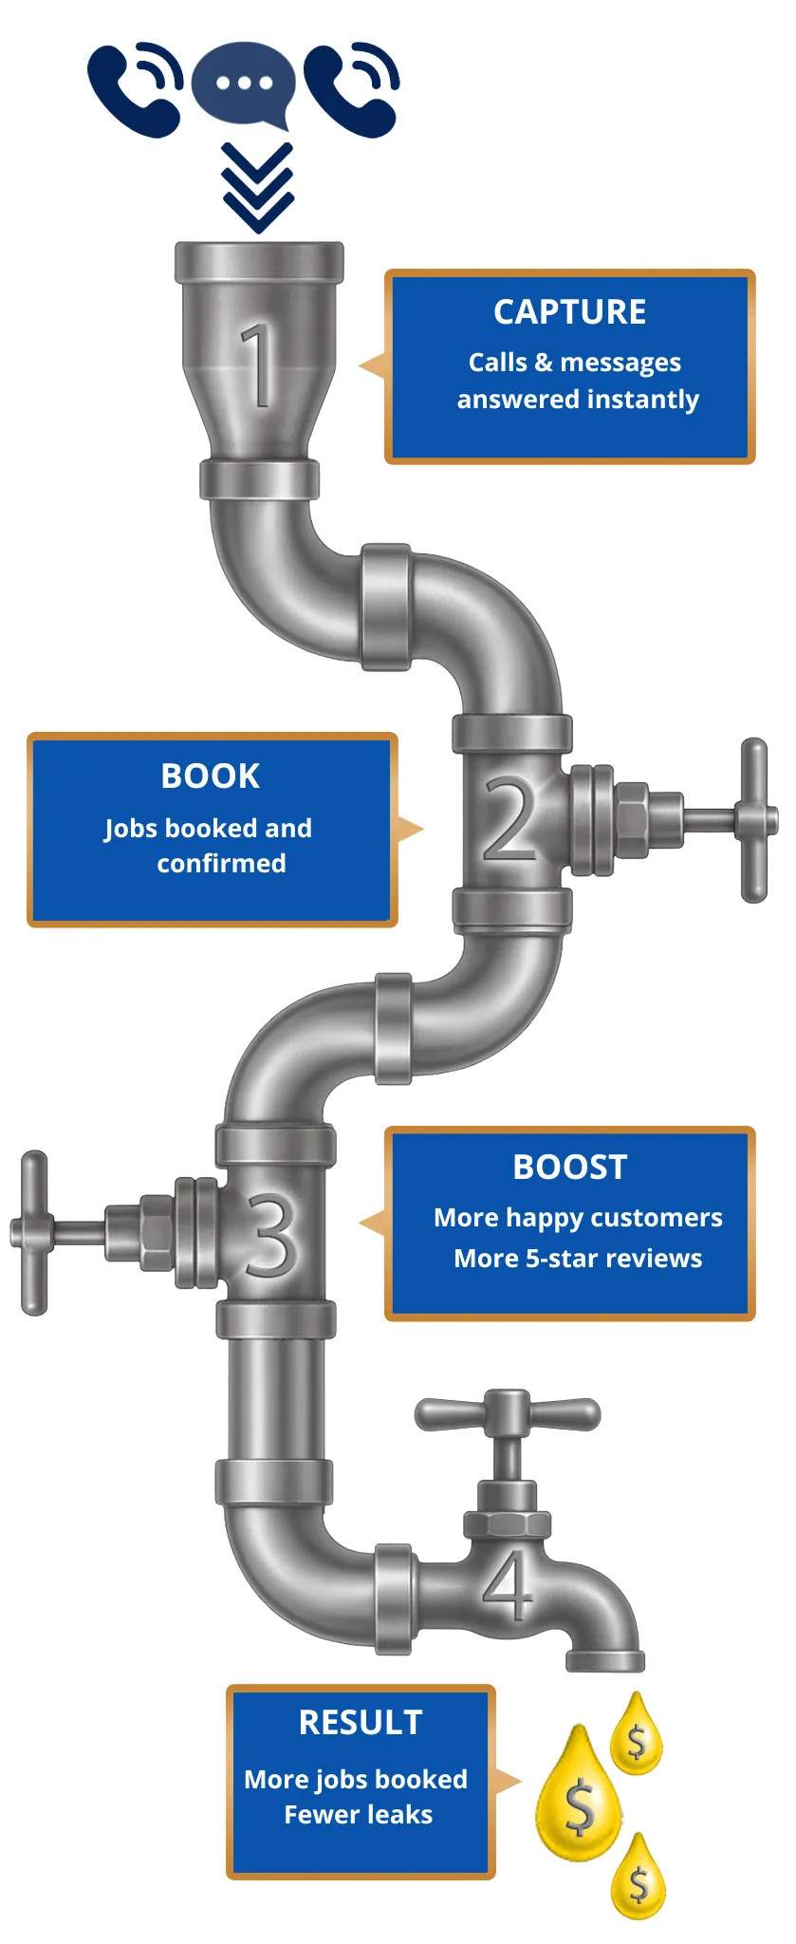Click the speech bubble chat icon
[243, 84]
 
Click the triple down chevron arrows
[258, 188]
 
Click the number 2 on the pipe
[510, 818]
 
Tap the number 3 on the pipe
[272, 1234]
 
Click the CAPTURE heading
[569, 311]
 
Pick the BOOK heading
[211, 776]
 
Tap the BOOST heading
[569, 1167]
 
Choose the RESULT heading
[361, 1722]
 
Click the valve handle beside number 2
[752, 819]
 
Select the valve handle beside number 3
[34, 1232]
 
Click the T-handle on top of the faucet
[508, 1413]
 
